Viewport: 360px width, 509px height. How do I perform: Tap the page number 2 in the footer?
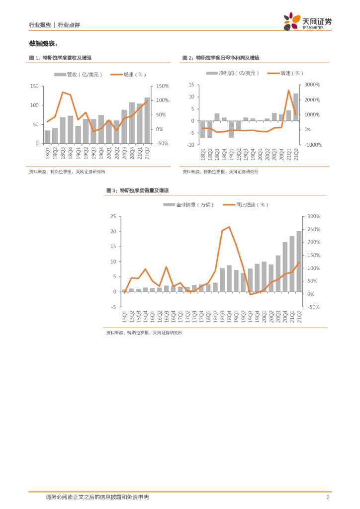(x=328, y=497)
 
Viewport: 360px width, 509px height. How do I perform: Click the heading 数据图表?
(x=43, y=43)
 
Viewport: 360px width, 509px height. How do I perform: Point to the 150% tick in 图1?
(x=163, y=86)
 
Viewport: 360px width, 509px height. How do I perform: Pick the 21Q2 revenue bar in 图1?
(x=147, y=120)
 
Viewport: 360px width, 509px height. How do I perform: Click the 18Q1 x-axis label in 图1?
(x=48, y=153)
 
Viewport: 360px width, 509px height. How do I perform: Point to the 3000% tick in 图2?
(x=315, y=85)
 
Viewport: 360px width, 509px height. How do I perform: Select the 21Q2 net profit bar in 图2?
(x=296, y=107)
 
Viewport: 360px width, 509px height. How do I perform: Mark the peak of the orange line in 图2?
(x=289, y=90)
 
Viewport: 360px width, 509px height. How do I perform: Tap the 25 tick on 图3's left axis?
(x=113, y=216)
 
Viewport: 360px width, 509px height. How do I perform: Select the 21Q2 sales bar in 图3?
(x=299, y=261)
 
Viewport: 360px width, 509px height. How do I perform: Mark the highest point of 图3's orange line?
(x=229, y=227)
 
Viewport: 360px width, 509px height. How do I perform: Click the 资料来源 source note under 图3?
(x=144, y=333)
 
